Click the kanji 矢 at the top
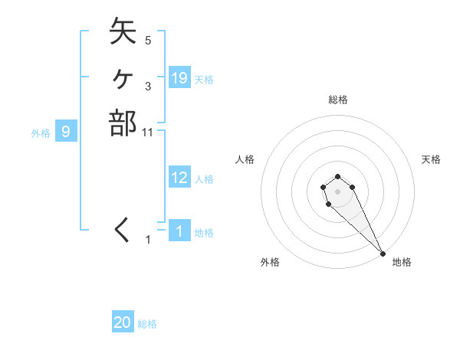coord(123,32)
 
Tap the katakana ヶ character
coord(123,77)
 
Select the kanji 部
coord(123,123)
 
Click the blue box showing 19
coord(179,77)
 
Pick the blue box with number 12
coord(179,178)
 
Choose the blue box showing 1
coord(179,231)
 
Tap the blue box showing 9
coord(66,132)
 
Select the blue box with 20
coord(123,322)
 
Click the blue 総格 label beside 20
coord(147,324)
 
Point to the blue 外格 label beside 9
coord(41,133)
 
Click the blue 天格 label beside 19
coord(204,79)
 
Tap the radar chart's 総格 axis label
coord(337,100)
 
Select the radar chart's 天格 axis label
coord(431,159)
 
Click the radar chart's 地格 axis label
coord(402,262)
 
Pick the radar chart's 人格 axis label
coord(245,159)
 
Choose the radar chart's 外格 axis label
coord(270,262)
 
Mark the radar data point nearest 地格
coord(383,253)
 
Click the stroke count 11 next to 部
coord(148,133)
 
